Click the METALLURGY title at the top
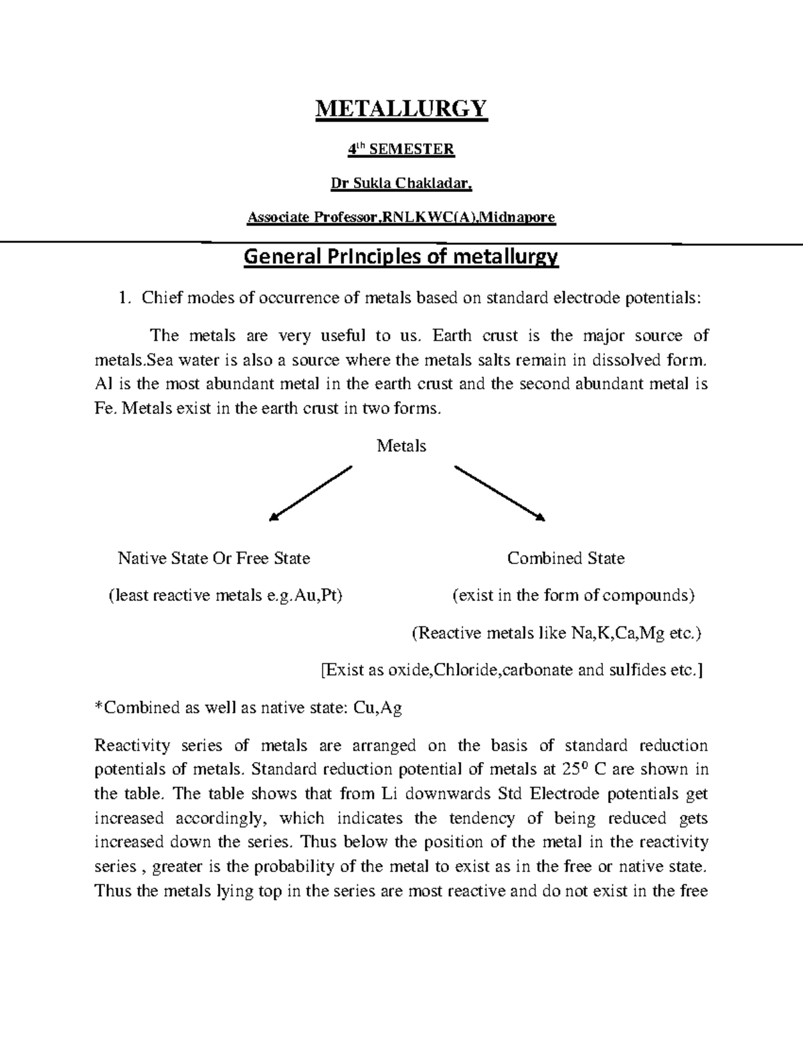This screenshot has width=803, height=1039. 401,108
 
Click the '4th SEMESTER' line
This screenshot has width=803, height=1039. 401,149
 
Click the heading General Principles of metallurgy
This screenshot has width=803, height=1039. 401,257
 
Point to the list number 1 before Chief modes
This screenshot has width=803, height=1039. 122,298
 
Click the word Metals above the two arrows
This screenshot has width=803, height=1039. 401,446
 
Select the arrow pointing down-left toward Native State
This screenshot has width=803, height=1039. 310,492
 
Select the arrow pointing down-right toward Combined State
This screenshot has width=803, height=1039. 500,492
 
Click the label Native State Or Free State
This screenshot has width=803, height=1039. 213,558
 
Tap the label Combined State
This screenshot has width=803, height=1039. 565,558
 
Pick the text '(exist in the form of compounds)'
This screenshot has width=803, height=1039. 573,595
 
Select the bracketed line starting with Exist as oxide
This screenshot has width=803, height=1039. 512,670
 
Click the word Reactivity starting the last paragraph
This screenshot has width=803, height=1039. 132,745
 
